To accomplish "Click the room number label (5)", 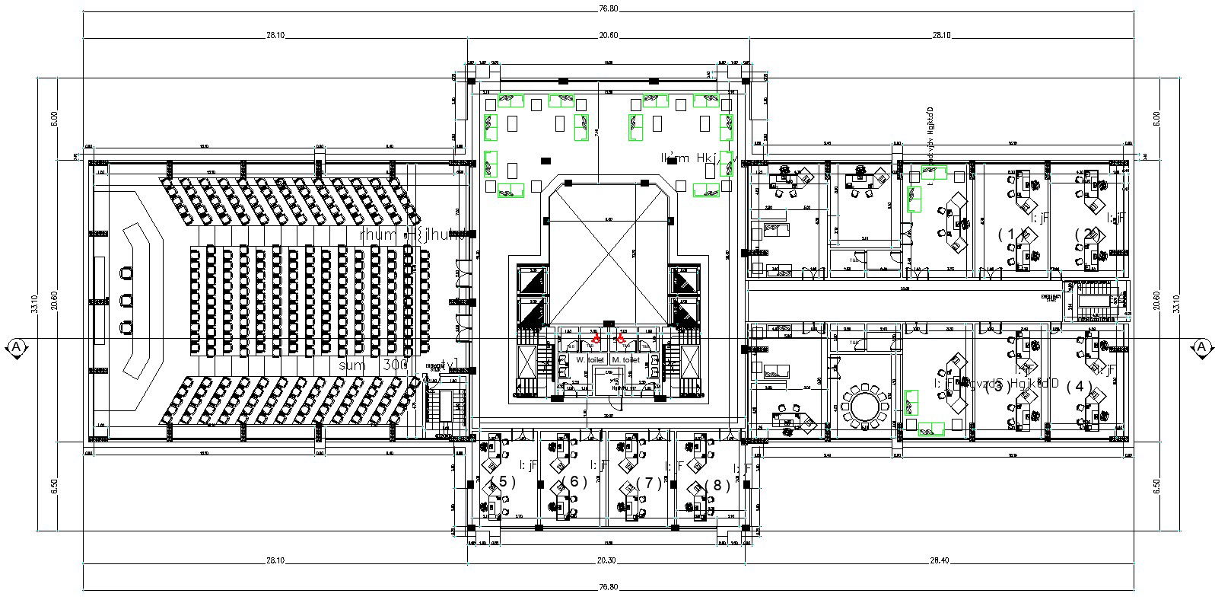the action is point(503,481).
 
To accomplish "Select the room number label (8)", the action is point(717,485).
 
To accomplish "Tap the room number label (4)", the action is point(1079,386).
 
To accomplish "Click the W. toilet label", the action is point(590,359).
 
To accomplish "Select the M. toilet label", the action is point(625,359).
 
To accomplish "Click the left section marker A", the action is point(16,348).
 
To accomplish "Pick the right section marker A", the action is point(1201,348).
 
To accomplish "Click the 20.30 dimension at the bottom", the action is point(606,560).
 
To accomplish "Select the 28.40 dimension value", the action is point(940,560).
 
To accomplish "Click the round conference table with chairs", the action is point(864,406).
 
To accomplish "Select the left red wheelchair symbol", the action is point(596,337).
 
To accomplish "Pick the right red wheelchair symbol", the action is point(622,337).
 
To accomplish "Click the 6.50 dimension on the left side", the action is point(53,486).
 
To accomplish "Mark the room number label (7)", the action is point(647,483).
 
